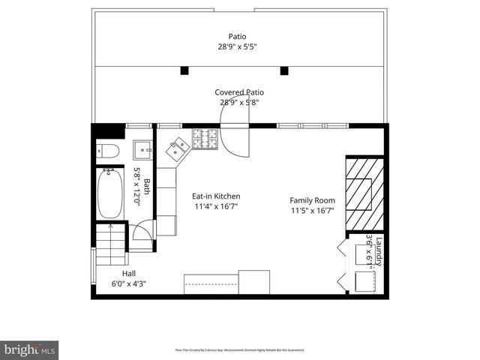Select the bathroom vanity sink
144,151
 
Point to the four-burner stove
203,138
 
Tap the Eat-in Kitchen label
217,196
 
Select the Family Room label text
313,200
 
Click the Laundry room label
379,251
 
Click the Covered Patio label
239,93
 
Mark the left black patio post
183,71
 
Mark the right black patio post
284,71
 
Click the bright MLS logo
30,349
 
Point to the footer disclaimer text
238,349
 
